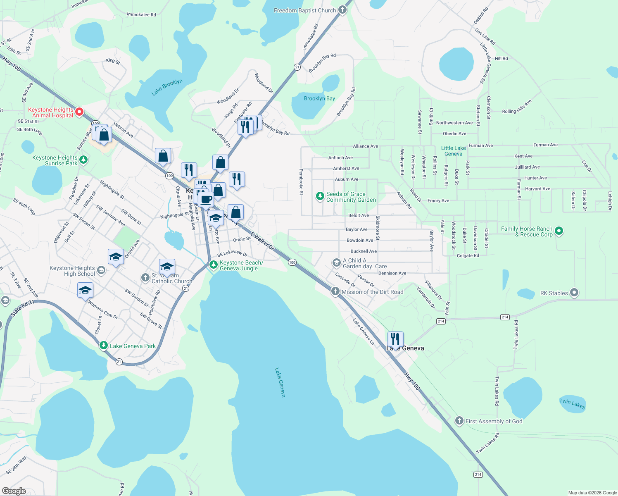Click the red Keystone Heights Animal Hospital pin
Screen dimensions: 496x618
tap(79, 112)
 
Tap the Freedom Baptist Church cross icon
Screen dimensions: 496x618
tap(342, 10)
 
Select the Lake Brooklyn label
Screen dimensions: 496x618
tap(167, 87)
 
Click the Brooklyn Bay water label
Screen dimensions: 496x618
tap(319, 98)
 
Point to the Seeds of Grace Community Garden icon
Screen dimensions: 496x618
tap(320, 196)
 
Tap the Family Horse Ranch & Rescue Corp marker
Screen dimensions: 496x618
tap(559, 231)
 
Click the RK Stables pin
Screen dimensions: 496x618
tap(574, 293)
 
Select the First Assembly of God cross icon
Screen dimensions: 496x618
tap(459, 421)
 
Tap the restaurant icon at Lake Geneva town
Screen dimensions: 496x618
tap(395, 339)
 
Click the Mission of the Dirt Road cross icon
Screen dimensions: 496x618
tap(335, 291)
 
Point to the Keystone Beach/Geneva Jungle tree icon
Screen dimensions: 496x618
tap(214, 265)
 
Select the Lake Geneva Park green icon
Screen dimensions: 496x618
tap(104, 346)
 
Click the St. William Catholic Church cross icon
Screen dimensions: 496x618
tap(145, 278)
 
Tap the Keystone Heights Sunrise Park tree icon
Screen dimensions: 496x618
tap(83, 160)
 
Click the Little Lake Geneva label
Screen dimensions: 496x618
tap(453, 151)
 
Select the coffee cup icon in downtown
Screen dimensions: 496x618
tap(206, 200)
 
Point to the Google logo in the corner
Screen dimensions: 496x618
tap(14, 491)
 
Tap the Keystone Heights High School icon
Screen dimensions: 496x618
tap(101, 270)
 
